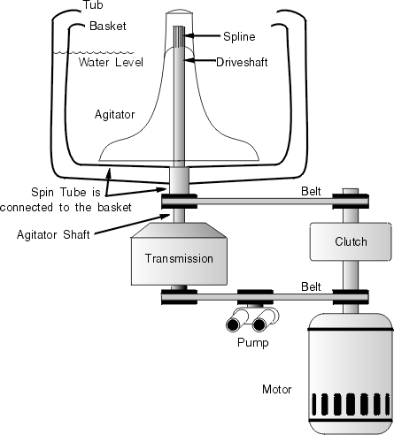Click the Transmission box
(179, 254)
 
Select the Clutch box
(351, 241)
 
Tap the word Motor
(276, 389)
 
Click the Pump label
(253, 343)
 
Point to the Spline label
(239, 37)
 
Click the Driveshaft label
(242, 62)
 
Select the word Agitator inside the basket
(114, 115)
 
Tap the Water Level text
(111, 62)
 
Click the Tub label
(93, 5)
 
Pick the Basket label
(108, 26)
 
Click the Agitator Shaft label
(53, 235)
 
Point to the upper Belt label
(311, 191)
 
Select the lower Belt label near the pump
(311, 286)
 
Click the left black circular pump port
(233, 325)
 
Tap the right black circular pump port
(259, 325)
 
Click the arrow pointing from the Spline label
(203, 35)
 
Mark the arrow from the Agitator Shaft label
(132, 225)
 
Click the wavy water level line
(93, 53)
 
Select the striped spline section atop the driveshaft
(179, 36)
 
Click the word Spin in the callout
(43, 193)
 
